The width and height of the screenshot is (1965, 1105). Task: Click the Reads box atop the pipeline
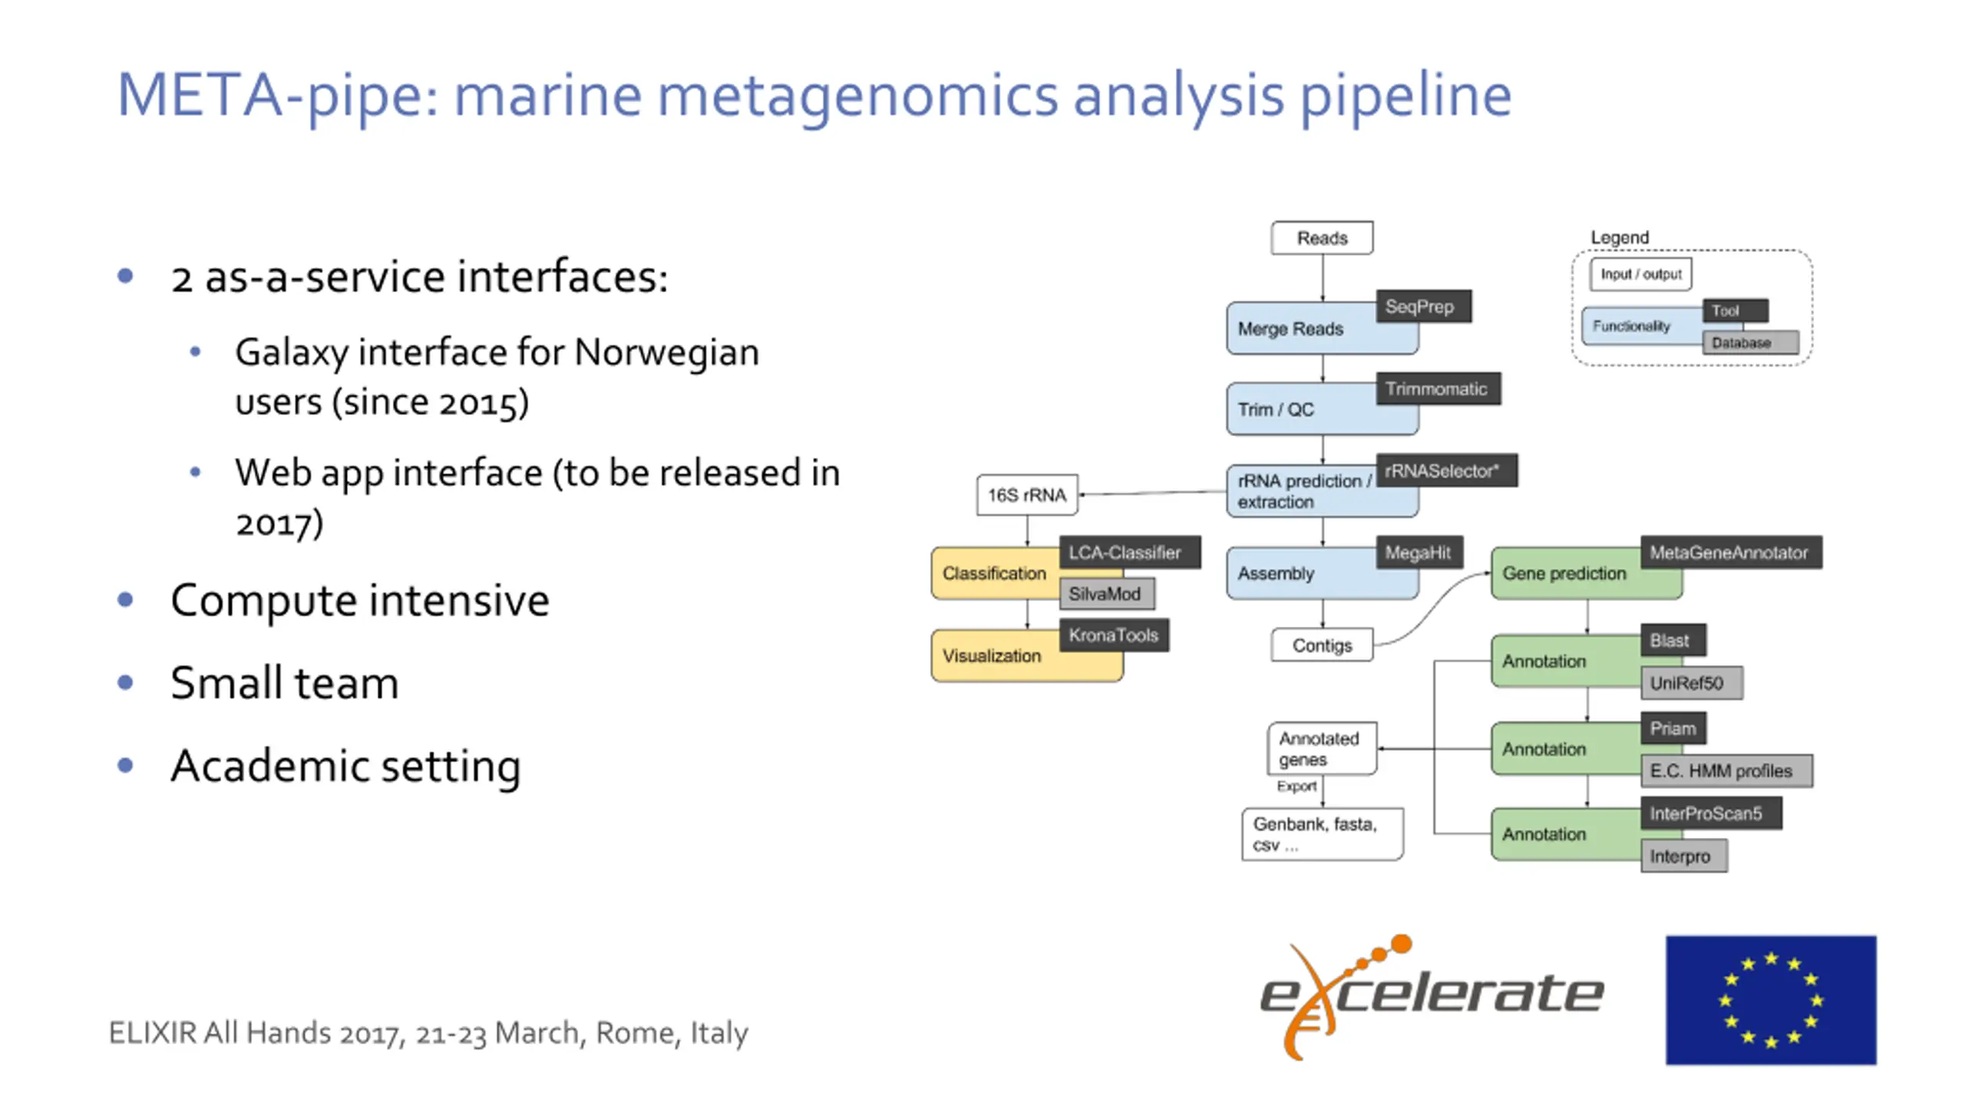(1322, 238)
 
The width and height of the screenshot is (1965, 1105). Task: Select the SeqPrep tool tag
(1423, 307)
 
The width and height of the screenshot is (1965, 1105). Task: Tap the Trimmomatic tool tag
(1437, 389)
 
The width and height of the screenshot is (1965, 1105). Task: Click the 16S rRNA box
(1027, 495)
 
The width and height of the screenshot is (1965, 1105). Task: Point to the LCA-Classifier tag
(1128, 552)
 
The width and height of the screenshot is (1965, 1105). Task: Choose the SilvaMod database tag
(1106, 594)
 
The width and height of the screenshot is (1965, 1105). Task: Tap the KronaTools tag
(1114, 635)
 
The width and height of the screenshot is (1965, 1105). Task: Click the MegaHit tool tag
(1418, 552)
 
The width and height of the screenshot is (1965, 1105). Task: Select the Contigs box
(1322, 645)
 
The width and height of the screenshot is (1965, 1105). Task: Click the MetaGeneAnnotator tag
(1730, 552)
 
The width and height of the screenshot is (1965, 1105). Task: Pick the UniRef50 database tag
(1691, 683)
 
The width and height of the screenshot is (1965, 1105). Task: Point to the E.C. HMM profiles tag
(1726, 770)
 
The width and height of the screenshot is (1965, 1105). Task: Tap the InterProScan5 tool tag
(1710, 813)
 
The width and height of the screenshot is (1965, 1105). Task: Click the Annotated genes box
(1321, 749)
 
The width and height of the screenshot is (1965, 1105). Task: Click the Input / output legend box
(1640, 275)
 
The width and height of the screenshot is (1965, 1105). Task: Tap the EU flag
(1770, 1000)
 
